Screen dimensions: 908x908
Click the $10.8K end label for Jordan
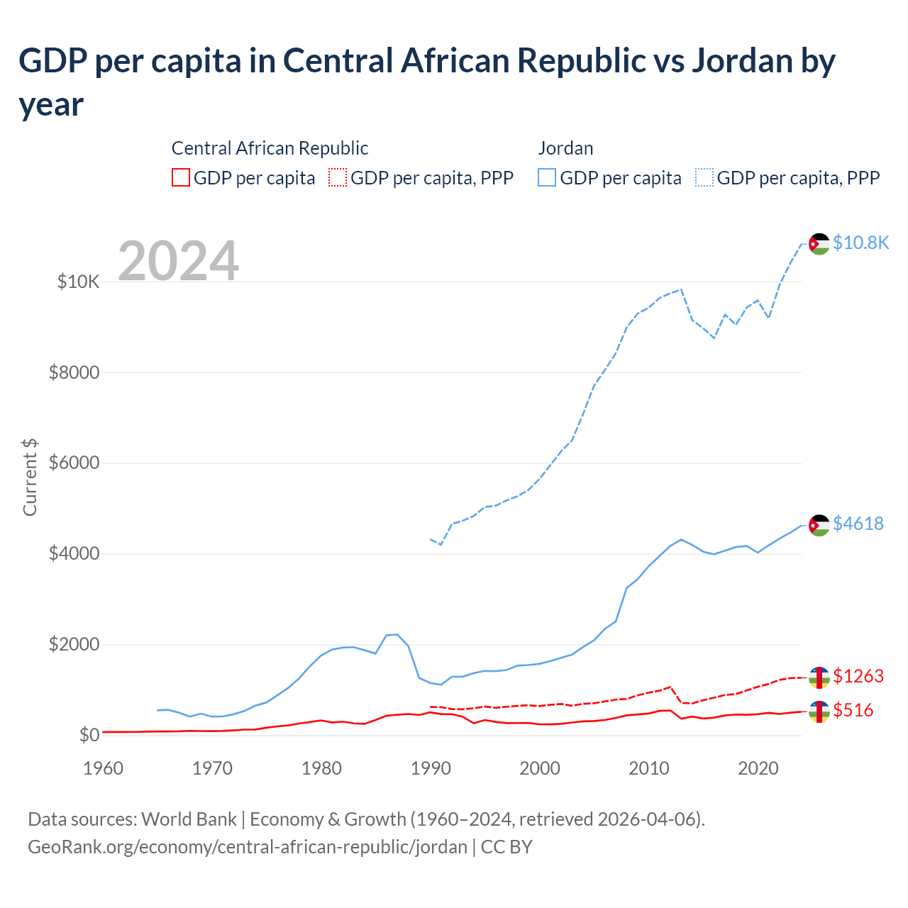860,243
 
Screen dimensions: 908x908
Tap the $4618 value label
858,524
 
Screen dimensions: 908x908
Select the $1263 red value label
858,676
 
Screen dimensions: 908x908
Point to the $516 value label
853,710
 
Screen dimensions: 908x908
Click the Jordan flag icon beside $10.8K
819,243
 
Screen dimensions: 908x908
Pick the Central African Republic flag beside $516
819,712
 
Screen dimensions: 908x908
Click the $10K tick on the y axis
78,282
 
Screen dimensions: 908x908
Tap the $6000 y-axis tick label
74,463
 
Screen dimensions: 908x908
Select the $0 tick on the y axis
89,735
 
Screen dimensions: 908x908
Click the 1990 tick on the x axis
431,768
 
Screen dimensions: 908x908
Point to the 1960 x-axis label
103,768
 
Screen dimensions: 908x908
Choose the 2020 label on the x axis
758,768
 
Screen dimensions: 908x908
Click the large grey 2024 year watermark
178,261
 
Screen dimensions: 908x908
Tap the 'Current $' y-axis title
30,477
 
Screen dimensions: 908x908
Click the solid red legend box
181,177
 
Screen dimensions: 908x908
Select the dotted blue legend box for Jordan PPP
704,177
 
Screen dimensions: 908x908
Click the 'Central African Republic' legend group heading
270,148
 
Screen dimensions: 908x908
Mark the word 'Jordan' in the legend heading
565,148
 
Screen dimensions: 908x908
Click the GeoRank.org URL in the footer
248,846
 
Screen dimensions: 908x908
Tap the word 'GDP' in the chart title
52,61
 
